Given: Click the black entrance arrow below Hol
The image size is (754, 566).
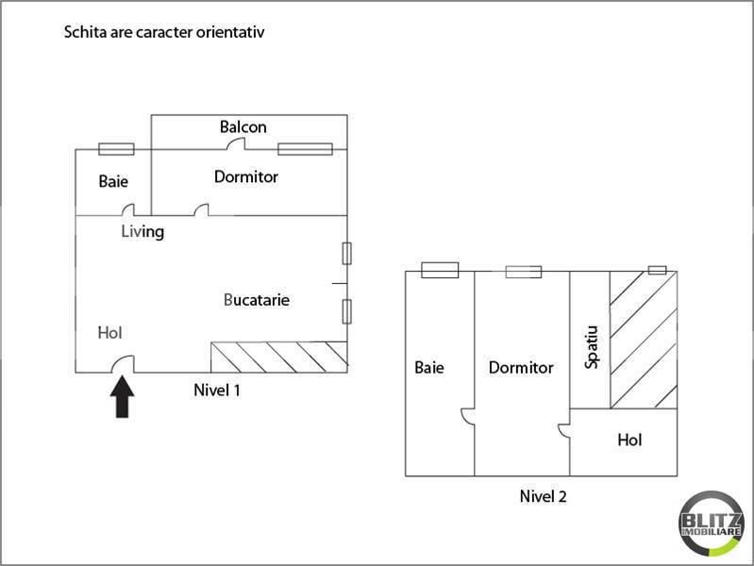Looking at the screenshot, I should pos(124,397).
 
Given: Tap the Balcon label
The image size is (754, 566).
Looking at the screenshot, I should pos(243,126).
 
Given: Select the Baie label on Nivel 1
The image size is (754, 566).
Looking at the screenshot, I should pos(113,181).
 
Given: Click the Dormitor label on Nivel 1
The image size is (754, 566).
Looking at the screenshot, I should pos(246,176).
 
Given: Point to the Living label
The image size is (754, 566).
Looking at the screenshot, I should pos(142,231).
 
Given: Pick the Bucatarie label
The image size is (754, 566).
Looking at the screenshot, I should pos(257,300).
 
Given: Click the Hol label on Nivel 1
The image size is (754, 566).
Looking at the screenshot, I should pos(110,332).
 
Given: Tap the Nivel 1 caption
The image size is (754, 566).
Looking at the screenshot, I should pos(216,389).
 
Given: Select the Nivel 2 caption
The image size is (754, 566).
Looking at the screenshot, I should pos(543,495).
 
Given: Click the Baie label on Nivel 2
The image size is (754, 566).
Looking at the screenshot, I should pos(429,368).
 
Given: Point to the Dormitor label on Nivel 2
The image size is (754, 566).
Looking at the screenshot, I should pos(521,368).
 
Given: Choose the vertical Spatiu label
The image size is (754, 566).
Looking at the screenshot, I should pos(591,347).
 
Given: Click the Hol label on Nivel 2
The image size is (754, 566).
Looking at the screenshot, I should pos(630,440).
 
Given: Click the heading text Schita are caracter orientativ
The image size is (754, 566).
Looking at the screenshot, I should pos(163,32).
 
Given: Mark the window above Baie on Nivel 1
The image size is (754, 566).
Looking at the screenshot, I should pos(116,148).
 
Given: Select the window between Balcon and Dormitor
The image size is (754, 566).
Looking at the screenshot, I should pos(305,148).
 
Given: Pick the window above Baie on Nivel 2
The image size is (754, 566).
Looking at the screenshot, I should pos(440,271).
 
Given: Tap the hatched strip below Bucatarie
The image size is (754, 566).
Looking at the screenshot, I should pos(278,356).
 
